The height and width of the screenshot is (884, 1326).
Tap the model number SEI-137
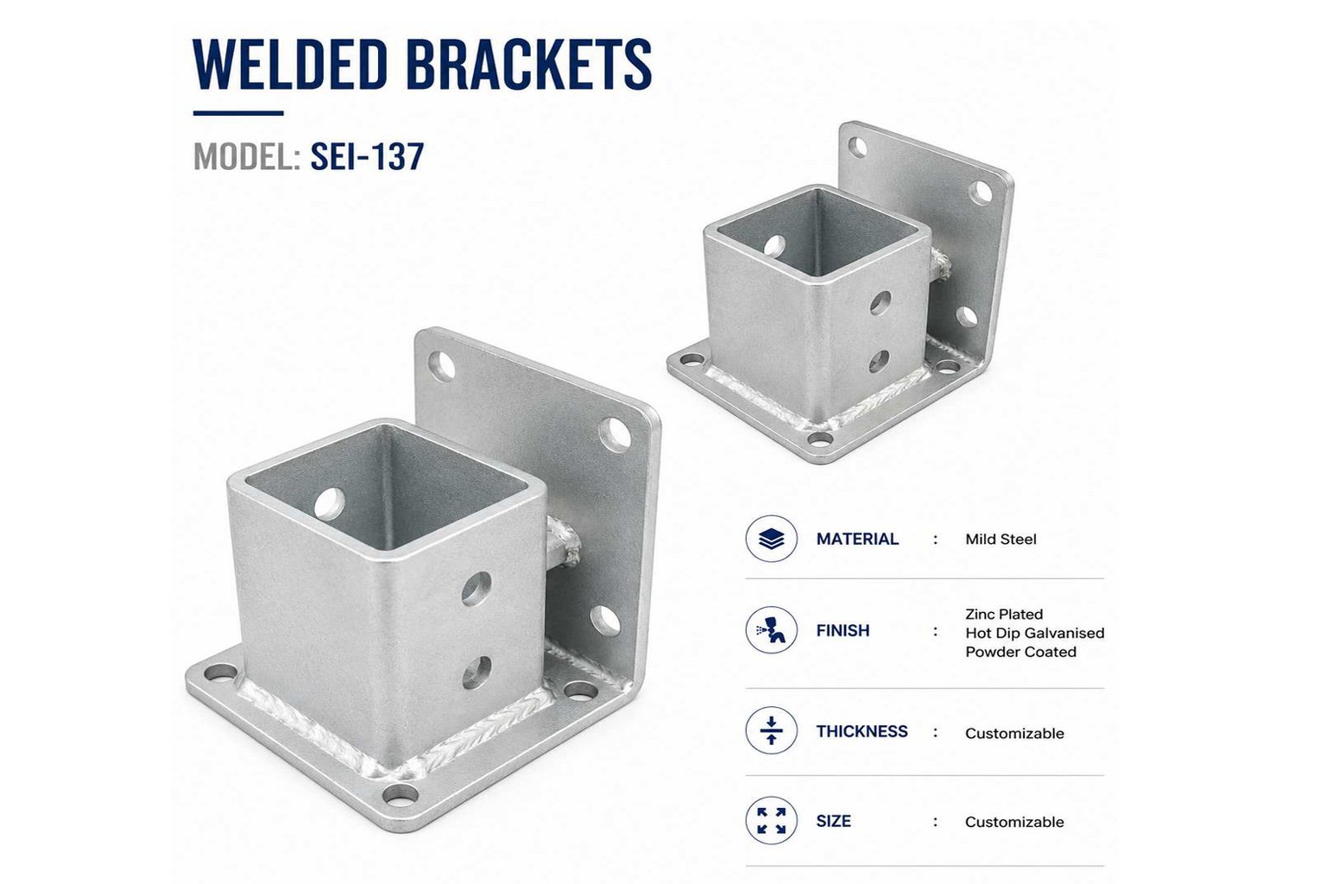(x=367, y=156)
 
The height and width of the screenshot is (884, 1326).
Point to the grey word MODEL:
(x=247, y=156)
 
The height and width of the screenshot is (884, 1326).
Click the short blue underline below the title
(x=238, y=112)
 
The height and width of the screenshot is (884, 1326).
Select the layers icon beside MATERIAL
(x=771, y=539)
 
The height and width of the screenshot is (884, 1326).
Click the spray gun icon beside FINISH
(x=771, y=630)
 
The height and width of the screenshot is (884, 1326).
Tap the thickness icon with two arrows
(x=771, y=730)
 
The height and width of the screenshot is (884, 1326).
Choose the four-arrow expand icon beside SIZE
(x=771, y=821)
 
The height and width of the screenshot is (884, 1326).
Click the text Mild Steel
(x=1001, y=540)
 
